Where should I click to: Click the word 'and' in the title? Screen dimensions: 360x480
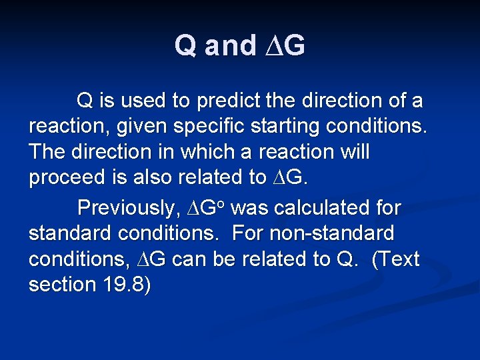tap(230, 46)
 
